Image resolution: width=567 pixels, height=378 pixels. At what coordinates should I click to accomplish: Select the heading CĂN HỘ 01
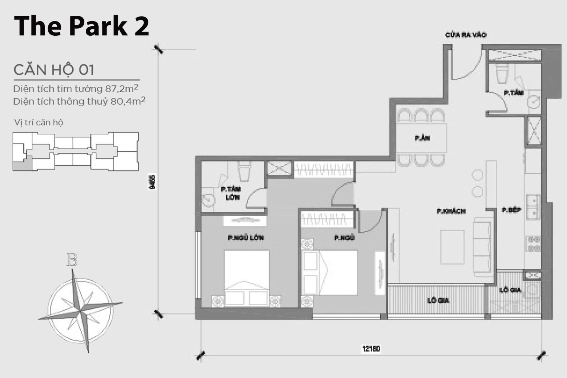[54, 70]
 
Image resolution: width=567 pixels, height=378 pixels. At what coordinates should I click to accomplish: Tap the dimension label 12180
[371, 349]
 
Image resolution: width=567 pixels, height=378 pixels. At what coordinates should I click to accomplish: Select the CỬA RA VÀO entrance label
[466, 35]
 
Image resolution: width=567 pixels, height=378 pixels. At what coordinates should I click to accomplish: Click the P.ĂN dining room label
[422, 138]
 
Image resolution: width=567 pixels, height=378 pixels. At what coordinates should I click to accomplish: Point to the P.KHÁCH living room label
[451, 211]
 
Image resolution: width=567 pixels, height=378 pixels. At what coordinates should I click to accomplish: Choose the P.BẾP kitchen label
[511, 210]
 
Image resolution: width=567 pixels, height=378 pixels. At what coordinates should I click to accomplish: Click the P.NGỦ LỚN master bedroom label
[246, 238]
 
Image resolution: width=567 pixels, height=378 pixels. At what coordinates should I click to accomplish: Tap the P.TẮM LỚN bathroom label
[231, 193]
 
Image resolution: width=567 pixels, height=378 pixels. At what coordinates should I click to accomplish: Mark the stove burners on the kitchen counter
[534, 244]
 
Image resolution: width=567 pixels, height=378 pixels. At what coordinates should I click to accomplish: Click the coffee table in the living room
[452, 247]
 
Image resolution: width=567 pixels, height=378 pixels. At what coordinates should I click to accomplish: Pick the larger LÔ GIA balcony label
[438, 301]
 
